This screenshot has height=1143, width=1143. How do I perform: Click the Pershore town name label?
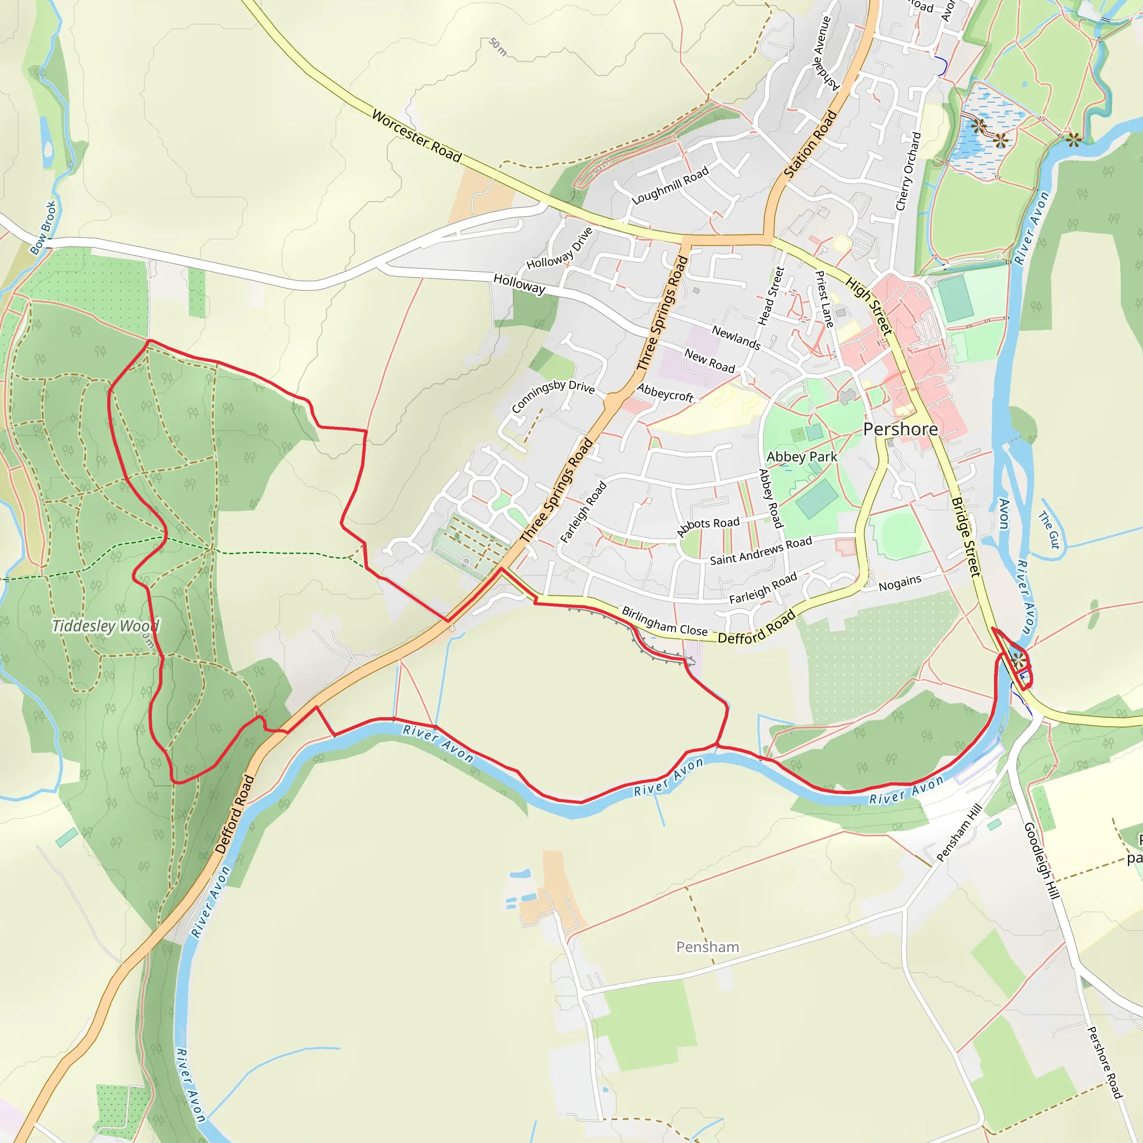(900, 429)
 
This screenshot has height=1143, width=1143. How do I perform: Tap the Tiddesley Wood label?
(106, 626)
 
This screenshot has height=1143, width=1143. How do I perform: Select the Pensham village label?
(708, 947)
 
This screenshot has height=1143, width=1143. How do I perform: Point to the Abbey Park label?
(801, 457)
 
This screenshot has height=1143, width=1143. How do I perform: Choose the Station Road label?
(810, 145)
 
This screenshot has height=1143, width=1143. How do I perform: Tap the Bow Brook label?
(43, 228)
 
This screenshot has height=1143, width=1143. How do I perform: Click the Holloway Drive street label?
(560, 248)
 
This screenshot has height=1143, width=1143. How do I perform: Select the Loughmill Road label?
(670, 186)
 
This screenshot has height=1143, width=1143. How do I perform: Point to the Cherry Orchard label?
(908, 171)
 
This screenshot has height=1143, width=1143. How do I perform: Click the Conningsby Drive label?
(553, 396)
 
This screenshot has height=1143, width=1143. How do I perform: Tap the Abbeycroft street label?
(665, 392)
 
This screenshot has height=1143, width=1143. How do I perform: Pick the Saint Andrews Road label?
(761, 551)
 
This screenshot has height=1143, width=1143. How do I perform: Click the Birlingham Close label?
(664, 621)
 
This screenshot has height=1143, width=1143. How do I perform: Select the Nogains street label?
(900, 583)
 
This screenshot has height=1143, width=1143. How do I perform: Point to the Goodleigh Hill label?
(1041, 860)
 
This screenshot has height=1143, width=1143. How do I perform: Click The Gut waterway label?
(1050, 530)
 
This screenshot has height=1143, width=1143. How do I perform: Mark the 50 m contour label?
(498, 47)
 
